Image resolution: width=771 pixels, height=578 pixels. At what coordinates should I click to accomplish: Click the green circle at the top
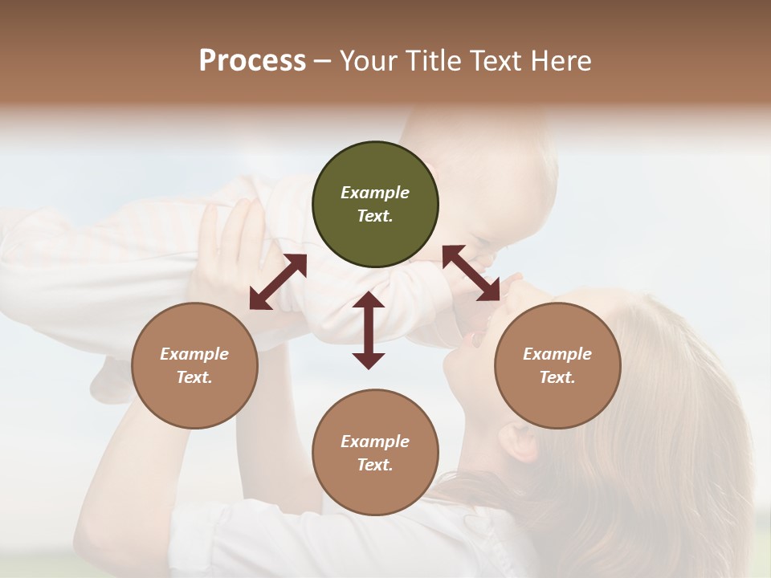tap(375, 205)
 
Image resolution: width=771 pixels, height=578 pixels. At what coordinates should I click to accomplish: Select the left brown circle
tap(194, 366)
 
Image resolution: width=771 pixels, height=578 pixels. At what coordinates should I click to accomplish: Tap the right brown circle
tap(557, 366)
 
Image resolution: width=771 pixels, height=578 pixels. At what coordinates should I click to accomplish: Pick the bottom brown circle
tap(375, 453)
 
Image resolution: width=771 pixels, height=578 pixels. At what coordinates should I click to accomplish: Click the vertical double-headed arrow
tap(369, 330)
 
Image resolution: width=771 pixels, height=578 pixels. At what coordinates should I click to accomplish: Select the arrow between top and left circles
tap(278, 282)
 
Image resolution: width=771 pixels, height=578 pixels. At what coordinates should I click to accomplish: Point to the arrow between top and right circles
tap(471, 274)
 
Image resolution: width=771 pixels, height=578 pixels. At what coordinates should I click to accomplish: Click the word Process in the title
tap(252, 61)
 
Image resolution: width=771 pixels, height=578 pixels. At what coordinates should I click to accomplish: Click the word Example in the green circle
tap(375, 193)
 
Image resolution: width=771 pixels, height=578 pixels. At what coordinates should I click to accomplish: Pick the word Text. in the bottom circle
tap(375, 465)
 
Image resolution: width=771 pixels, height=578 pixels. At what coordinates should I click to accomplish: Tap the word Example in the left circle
tap(194, 354)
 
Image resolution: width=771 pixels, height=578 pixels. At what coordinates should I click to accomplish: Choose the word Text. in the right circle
tap(557, 377)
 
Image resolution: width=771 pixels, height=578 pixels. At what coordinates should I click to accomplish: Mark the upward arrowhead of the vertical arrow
tap(369, 300)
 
